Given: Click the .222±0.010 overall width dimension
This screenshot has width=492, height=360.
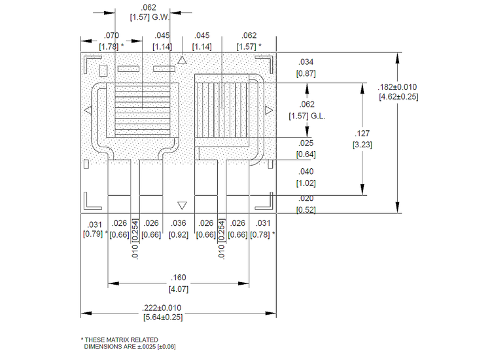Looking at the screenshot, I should point(162,308).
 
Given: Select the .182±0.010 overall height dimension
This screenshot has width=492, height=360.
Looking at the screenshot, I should point(398,87).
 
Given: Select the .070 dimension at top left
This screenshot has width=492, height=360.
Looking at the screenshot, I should point(112,36).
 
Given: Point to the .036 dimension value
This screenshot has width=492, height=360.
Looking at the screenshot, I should point(179,224).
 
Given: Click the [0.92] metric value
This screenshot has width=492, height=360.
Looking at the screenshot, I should point(179,234).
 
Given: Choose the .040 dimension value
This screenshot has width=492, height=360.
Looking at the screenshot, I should point(306,171).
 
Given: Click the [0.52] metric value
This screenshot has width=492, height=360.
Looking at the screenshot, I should point(306,209).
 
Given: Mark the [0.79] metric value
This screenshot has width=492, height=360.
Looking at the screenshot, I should point(92,234).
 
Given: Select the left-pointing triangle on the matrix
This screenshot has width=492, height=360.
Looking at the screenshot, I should point(88,109).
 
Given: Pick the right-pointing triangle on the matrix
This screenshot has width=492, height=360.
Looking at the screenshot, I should point(269,109).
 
